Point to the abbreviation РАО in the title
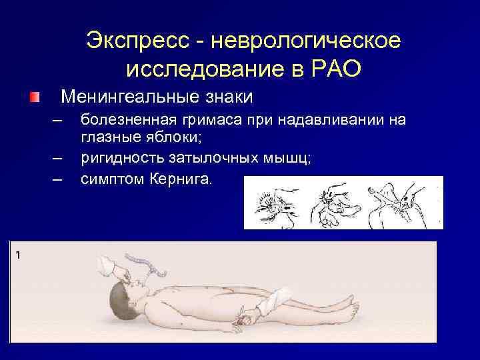335,68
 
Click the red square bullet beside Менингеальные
35,97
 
